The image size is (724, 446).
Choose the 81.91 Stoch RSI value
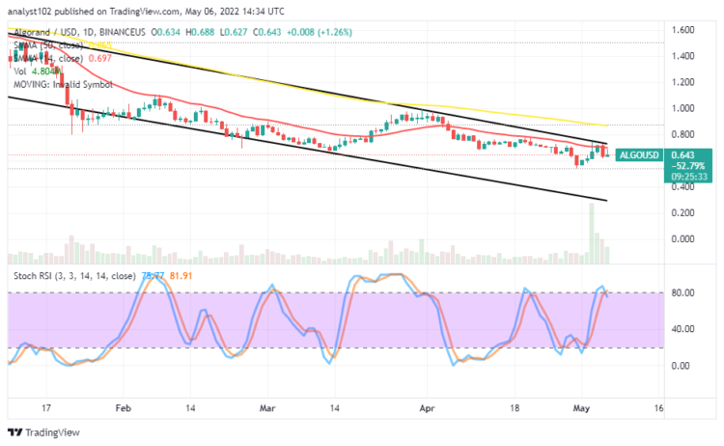point(181,275)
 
